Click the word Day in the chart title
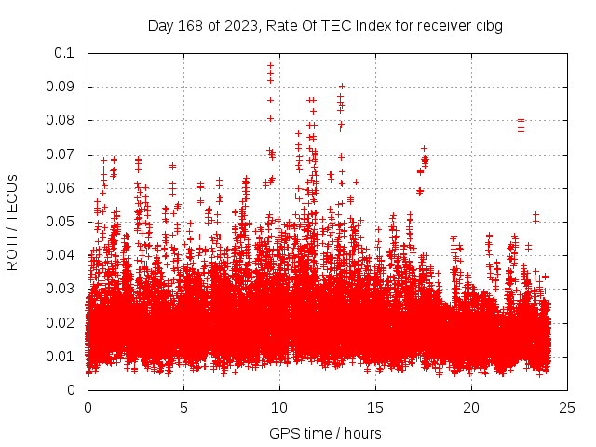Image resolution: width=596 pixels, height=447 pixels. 160,26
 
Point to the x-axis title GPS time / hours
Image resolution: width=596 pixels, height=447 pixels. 325,433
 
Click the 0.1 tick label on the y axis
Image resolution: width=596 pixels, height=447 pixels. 66,53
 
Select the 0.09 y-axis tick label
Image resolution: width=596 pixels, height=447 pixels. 62,87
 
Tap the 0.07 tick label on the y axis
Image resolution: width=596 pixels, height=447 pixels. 62,155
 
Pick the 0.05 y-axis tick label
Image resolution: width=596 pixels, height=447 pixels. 62,222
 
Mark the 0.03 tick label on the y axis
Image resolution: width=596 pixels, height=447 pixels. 62,289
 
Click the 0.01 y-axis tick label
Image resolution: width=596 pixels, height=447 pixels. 62,357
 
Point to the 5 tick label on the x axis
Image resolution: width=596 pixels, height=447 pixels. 183,407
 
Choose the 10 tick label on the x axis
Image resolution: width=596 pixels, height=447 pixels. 279,407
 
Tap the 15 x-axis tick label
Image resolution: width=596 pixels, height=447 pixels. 375,407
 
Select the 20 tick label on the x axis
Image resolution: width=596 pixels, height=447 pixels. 471,407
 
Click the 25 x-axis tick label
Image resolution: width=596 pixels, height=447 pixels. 567,407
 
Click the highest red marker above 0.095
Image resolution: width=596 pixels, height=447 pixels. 270,66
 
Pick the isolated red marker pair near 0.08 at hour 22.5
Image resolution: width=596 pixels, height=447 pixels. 521,120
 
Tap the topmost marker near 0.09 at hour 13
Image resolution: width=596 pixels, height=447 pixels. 342,86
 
